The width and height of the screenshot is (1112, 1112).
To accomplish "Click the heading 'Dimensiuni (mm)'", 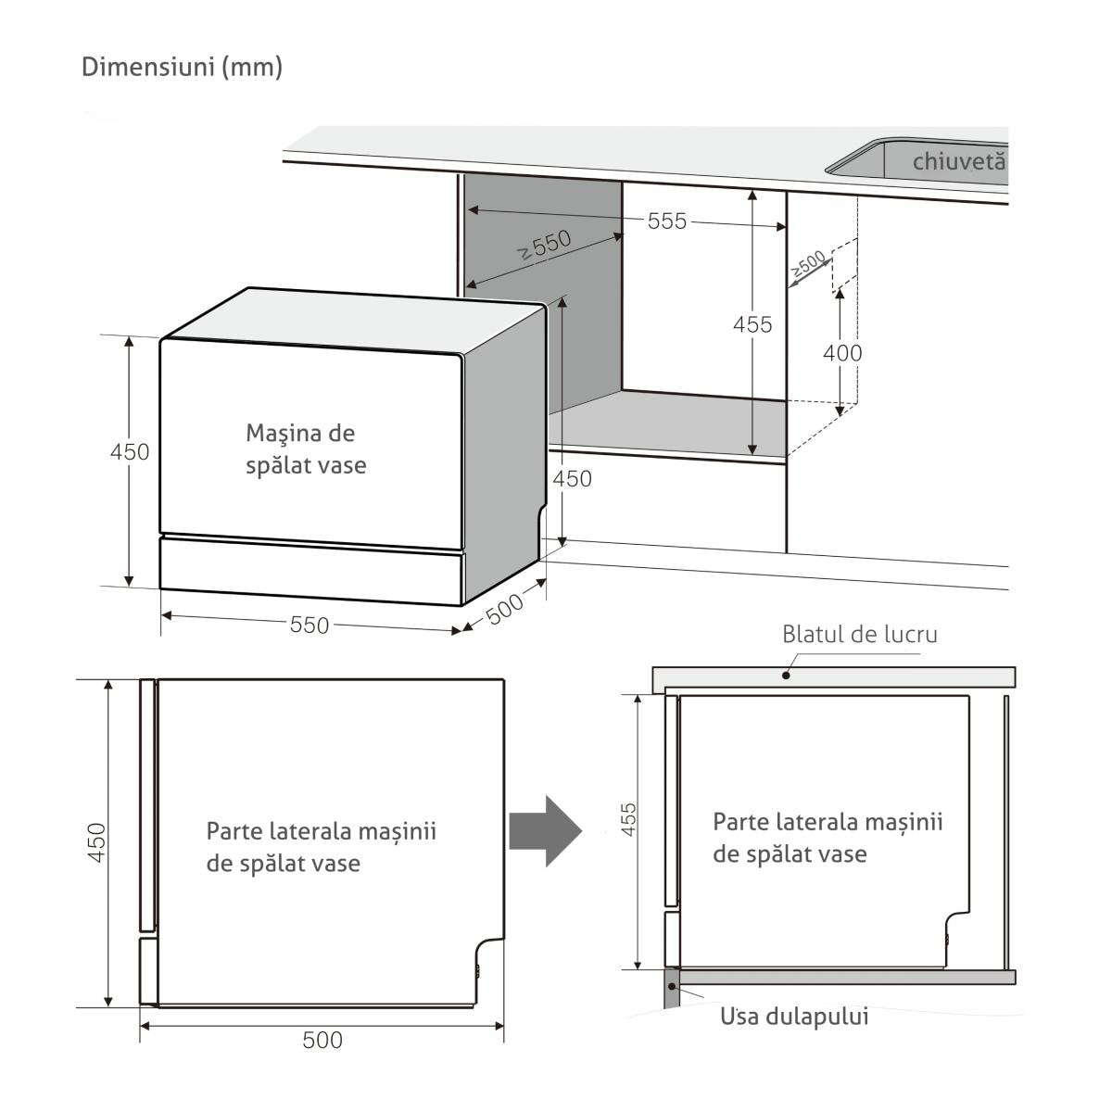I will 182,67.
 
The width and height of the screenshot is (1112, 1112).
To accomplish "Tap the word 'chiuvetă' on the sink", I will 958,161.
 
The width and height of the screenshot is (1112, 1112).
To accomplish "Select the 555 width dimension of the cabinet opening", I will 667,221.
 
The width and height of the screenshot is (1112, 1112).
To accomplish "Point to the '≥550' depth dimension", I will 544,246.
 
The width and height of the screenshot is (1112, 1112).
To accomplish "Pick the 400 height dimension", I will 841,352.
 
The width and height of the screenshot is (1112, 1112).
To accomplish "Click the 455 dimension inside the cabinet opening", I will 752,324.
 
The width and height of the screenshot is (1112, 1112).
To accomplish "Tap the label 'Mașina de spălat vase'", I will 306,449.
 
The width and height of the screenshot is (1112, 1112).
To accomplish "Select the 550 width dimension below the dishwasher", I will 310,625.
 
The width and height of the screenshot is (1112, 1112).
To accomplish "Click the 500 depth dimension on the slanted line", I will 504,608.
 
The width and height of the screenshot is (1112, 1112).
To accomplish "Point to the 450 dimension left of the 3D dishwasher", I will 129,452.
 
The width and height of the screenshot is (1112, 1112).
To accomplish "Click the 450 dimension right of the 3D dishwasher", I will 571,478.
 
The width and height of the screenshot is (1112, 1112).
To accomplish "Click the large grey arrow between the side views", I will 547,830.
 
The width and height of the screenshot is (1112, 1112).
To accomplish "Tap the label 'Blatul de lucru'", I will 859,635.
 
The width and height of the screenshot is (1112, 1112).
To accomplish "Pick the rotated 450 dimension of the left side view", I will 97,841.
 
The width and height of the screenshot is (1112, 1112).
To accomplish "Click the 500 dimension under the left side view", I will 322,1040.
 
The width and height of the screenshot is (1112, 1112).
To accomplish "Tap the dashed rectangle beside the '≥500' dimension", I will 844,264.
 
